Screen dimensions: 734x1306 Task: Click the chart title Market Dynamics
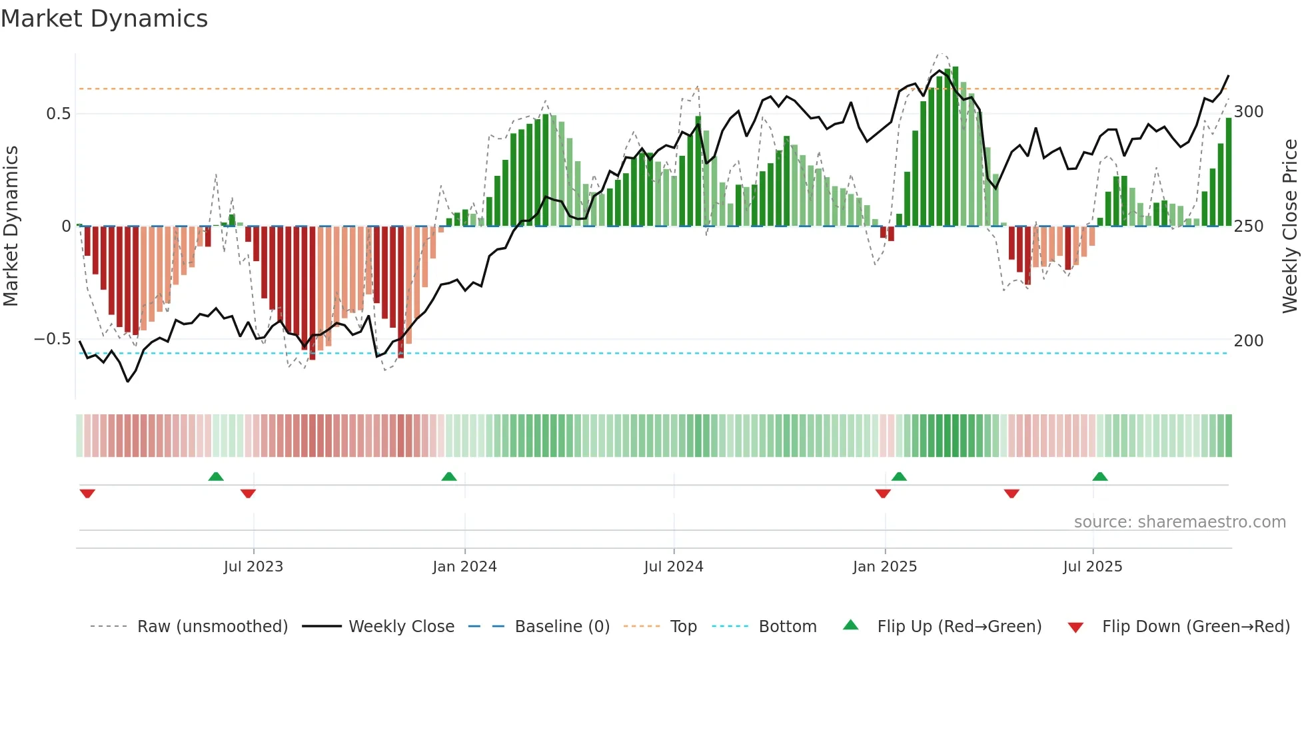point(104,19)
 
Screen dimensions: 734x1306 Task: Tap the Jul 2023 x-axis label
point(253,567)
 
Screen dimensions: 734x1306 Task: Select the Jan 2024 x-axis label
point(464,567)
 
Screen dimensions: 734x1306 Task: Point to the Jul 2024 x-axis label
point(674,567)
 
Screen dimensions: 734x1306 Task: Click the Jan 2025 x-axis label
point(885,567)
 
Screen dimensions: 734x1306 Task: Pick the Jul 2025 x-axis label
point(1093,567)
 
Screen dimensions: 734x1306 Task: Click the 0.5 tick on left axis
point(58,114)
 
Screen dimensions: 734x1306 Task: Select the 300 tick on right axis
point(1249,112)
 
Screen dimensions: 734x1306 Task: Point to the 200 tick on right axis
point(1249,341)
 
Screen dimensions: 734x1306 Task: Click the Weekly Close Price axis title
point(1290,226)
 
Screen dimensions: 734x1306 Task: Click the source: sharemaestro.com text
point(1179,522)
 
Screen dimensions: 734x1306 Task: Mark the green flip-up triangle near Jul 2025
point(1100,477)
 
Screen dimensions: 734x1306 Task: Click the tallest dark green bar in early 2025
point(956,147)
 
